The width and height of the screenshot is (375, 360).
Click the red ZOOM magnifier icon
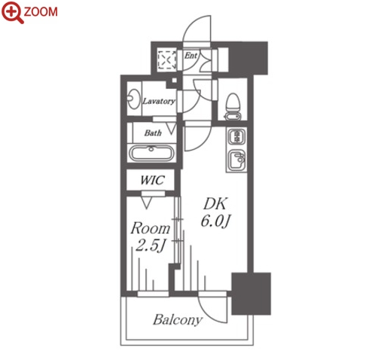(x=13, y=12)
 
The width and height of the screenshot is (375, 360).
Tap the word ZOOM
(x=41, y=12)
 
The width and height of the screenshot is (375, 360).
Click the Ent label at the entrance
(x=191, y=55)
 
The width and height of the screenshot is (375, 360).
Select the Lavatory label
(x=159, y=101)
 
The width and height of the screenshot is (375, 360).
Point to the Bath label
(x=153, y=133)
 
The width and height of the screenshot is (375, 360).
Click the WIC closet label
(x=152, y=180)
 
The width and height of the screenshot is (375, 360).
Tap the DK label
(x=215, y=203)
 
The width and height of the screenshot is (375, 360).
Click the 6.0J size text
(x=215, y=221)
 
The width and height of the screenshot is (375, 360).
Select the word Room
(x=151, y=228)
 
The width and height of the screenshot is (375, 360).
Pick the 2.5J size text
(x=150, y=246)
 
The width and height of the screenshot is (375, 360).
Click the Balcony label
(x=178, y=319)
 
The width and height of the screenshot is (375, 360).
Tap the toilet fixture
(x=233, y=107)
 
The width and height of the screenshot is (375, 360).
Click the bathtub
(x=151, y=153)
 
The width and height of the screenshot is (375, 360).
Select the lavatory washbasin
(x=133, y=98)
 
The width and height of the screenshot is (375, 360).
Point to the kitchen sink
(x=236, y=161)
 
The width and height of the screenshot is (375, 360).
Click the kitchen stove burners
(x=236, y=137)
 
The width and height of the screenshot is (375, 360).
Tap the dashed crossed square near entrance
(x=166, y=59)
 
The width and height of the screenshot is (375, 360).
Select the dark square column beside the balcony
(x=251, y=293)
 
